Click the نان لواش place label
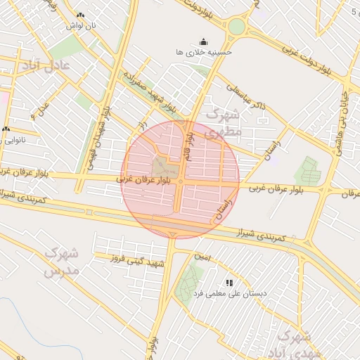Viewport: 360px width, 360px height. pyautogui.click(x=81, y=25)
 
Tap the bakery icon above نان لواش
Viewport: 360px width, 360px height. pyautogui.click(x=81, y=15)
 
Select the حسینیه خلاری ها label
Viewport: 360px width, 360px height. pyautogui.click(x=204, y=52)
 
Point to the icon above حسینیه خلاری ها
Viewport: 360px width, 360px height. pyautogui.click(x=204, y=41)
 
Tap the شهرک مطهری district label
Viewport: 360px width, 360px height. pyautogui.click(x=224, y=122)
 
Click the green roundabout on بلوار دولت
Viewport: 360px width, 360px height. pyautogui.click(x=236, y=27)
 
